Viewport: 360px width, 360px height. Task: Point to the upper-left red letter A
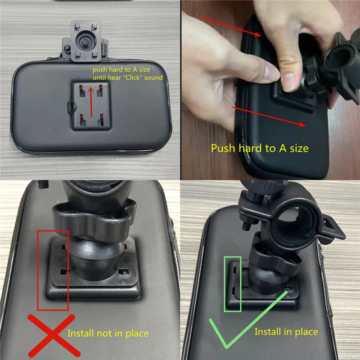click(x=81, y=87)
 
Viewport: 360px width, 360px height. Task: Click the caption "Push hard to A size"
click(x=260, y=148)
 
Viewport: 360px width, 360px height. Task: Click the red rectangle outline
click(x=53, y=270)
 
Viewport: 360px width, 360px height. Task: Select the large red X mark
click(x=51, y=336)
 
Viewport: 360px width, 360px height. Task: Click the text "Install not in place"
click(x=108, y=333)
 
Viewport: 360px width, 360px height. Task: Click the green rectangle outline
click(x=233, y=284)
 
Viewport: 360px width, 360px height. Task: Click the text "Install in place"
click(x=286, y=332)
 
